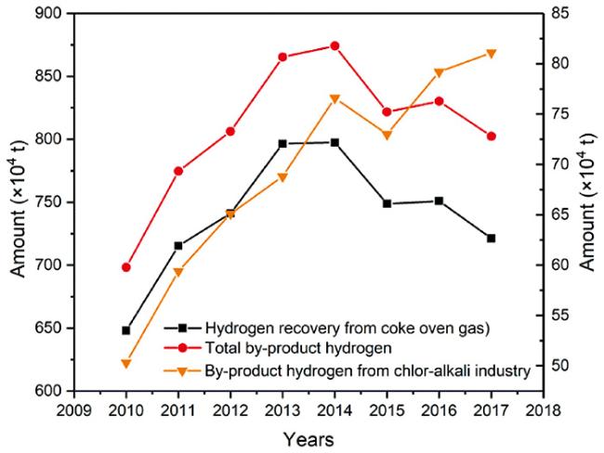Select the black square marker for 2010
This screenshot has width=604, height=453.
pyautogui.click(x=125, y=330)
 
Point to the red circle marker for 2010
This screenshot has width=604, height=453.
pyautogui.click(x=125, y=267)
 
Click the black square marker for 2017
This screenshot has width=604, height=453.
pyautogui.click(x=491, y=239)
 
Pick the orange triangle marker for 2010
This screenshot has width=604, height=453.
pyautogui.click(x=125, y=363)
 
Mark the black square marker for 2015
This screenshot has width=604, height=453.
pyautogui.click(x=387, y=203)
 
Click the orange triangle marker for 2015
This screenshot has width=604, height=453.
pyautogui.click(x=387, y=136)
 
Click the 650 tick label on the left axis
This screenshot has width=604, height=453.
pyautogui.click(x=54, y=328)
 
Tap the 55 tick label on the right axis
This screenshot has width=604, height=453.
pyautogui.click(x=569, y=315)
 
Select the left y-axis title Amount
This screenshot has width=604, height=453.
pyautogui.click(x=19, y=201)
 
